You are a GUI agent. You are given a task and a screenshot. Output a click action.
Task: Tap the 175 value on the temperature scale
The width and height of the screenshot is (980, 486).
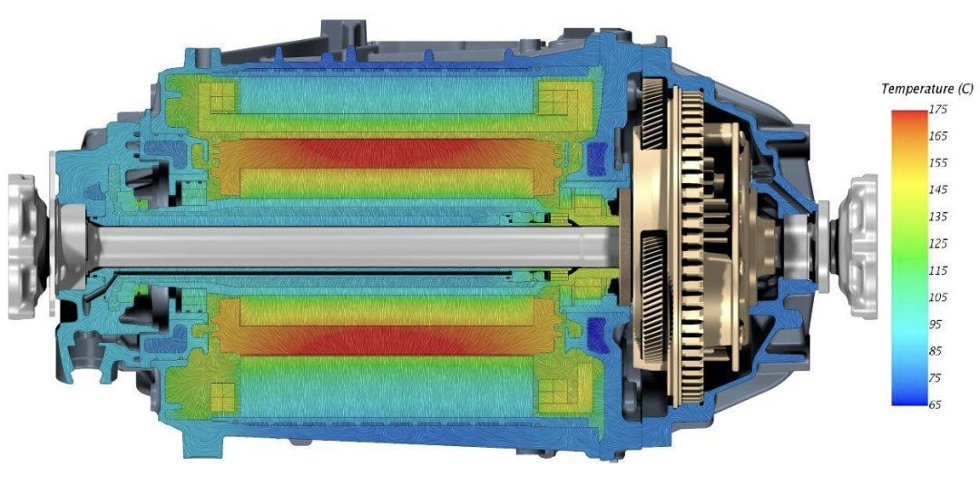pos(938,110)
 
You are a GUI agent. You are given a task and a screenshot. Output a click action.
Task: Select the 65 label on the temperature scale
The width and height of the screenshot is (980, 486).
pos(936,404)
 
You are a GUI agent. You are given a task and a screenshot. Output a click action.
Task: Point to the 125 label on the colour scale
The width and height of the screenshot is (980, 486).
pos(938,243)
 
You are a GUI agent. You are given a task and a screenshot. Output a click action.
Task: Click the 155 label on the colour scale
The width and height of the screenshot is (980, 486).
pos(938,163)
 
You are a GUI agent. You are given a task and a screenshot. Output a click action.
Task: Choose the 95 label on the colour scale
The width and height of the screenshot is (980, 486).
pos(936,324)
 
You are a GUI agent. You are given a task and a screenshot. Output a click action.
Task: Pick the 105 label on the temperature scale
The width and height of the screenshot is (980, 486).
pos(938,296)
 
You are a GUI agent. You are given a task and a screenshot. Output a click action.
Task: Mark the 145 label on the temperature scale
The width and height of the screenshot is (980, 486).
pos(938,190)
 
